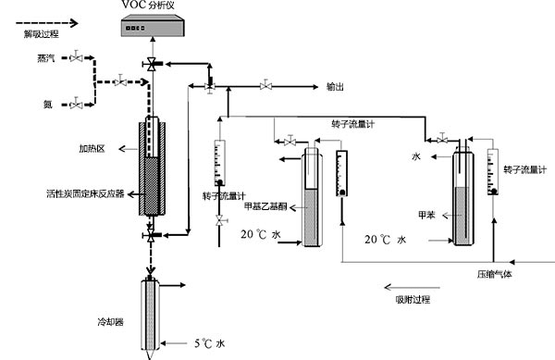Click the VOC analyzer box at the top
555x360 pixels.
[x=153, y=26]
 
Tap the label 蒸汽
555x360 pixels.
[x=46, y=58]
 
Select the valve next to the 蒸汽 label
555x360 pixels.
[x=76, y=57]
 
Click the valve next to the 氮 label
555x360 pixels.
[x=76, y=104]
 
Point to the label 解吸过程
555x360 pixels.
[x=41, y=34]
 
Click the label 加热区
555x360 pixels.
[x=92, y=149]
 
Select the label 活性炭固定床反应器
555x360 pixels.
[x=86, y=193]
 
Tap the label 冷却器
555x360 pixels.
[x=110, y=322]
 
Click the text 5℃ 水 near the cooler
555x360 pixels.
[x=209, y=343]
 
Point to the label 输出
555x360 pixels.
[x=335, y=87]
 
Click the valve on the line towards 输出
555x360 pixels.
[x=265, y=85]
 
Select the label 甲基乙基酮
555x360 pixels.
[x=265, y=206]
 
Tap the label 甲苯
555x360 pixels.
[x=426, y=215]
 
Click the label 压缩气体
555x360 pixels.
[x=494, y=274]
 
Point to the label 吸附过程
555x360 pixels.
[x=413, y=300]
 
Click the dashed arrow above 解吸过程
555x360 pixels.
[x=47, y=23]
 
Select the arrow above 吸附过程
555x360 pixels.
[x=412, y=287]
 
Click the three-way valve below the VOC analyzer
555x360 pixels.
[x=152, y=64]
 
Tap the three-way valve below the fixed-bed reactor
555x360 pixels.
[x=151, y=235]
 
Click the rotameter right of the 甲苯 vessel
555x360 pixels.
[x=493, y=172]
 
